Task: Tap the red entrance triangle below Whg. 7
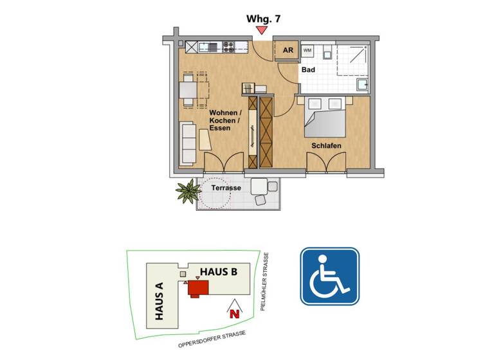[262, 30]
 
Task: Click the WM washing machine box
[308, 50]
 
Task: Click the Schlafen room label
[326, 146]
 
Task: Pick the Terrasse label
[226, 188]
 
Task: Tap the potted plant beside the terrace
[188, 190]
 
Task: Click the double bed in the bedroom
[325, 116]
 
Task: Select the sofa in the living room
[188, 142]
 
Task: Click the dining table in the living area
[188, 89]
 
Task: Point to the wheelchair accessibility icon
[329, 276]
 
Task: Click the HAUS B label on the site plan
[218, 272]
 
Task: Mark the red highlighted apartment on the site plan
[197, 289]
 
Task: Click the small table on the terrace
[260, 186]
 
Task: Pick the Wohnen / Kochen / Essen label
[224, 120]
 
